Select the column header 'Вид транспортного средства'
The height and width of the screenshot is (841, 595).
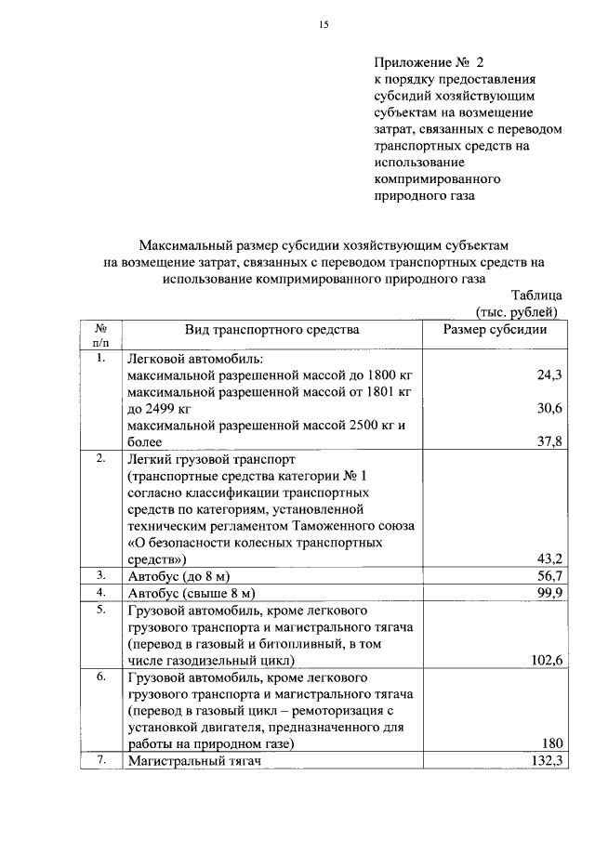click(271, 329)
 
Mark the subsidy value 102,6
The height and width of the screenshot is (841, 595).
click(544, 661)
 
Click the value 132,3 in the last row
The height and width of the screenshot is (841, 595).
click(544, 761)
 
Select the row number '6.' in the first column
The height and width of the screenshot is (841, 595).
click(100, 677)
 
